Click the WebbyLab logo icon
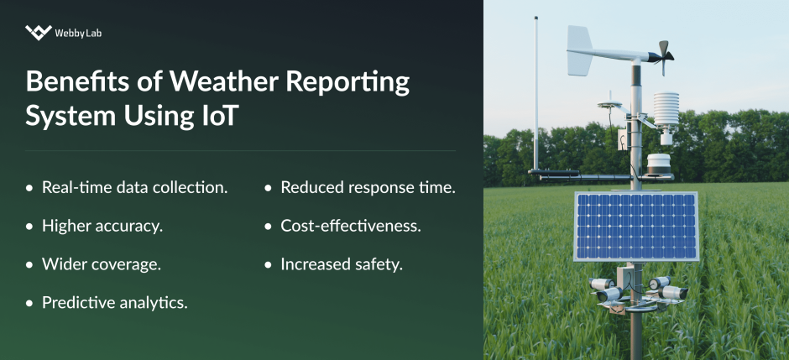coord(39,33)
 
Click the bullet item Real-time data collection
coord(134,187)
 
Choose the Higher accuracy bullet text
coord(102,226)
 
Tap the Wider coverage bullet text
coord(101,263)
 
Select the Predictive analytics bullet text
coord(114,302)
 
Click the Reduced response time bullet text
coord(368,187)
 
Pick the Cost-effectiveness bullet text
coord(350,226)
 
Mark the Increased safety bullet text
coord(342,263)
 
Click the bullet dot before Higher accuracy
coord(30,227)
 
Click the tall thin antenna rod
coord(535,92)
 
